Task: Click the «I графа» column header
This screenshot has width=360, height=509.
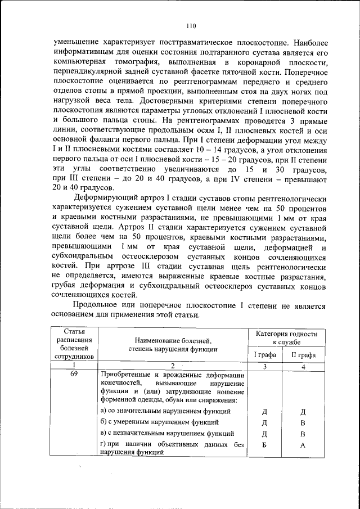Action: pyautogui.click(x=263, y=355)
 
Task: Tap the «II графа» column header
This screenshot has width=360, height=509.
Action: pyautogui.click(x=303, y=355)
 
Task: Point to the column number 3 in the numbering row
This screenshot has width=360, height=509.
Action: pyautogui.click(x=263, y=366)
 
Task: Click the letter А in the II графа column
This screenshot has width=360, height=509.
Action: pyautogui.click(x=303, y=445)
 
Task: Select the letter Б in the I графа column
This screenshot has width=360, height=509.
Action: pyautogui.click(x=263, y=445)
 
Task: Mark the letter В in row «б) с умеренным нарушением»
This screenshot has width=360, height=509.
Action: pyautogui.click(x=303, y=422)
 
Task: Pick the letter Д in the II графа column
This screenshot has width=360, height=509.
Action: pyautogui.click(x=303, y=411)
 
